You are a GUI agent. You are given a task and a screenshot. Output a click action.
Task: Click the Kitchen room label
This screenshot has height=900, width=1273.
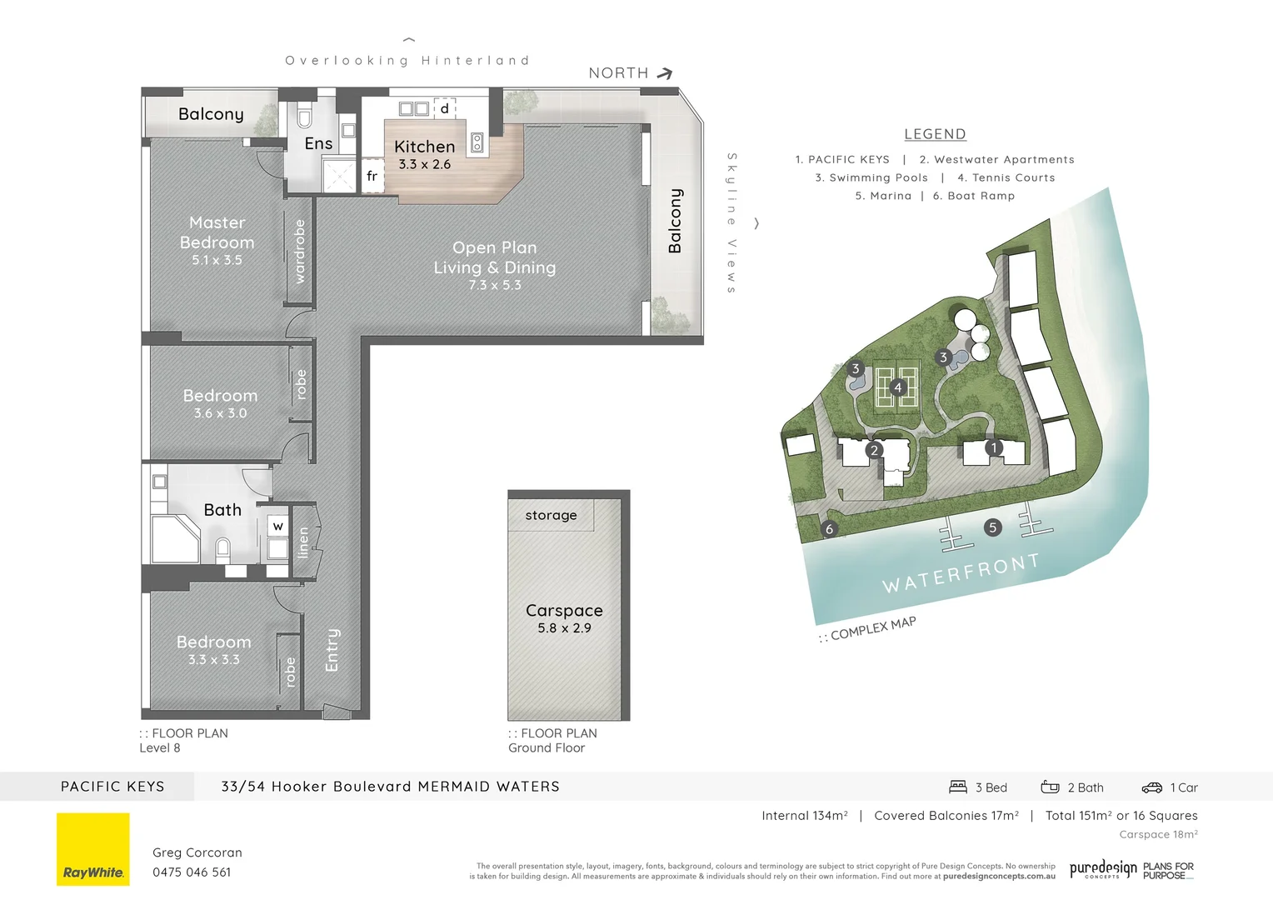(x=424, y=147)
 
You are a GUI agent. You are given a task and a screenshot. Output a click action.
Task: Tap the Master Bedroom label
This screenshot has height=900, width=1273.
(x=217, y=232)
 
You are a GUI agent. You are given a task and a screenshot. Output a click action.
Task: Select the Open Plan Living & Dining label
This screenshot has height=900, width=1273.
(x=495, y=257)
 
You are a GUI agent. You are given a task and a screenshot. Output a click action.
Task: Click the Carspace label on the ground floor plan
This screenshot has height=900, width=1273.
(x=564, y=610)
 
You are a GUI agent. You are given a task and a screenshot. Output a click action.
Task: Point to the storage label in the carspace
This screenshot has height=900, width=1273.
(x=551, y=515)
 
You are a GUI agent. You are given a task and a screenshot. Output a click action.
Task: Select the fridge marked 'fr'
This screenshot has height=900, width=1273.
(x=372, y=176)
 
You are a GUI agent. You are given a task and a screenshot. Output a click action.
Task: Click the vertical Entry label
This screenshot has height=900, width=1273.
(x=332, y=650)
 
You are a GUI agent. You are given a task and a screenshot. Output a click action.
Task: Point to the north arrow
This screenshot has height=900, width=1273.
(x=664, y=73)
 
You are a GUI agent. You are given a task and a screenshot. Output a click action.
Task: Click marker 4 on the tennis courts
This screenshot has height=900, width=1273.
(x=897, y=387)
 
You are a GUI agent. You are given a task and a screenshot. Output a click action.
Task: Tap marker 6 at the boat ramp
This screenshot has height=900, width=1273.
(x=828, y=529)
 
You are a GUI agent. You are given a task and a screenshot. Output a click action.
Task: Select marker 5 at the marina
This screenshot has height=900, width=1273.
(x=991, y=527)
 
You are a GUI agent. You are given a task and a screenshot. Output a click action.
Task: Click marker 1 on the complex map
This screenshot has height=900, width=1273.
(x=993, y=447)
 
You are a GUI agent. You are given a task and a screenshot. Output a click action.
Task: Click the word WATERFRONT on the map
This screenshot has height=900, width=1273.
(x=961, y=572)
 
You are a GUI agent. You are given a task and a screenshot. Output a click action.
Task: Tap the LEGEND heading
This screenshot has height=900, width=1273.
(x=935, y=134)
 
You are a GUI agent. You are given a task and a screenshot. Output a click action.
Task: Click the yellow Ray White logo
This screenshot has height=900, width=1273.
(x=93, y=849)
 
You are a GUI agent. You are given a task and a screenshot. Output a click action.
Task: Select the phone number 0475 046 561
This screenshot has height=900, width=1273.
(x=192, y=872)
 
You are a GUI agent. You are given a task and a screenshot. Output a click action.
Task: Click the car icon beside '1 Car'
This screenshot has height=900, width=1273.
(x=1151, y=787)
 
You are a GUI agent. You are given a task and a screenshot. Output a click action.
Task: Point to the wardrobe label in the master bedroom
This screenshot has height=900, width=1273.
(x=300, y=251)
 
